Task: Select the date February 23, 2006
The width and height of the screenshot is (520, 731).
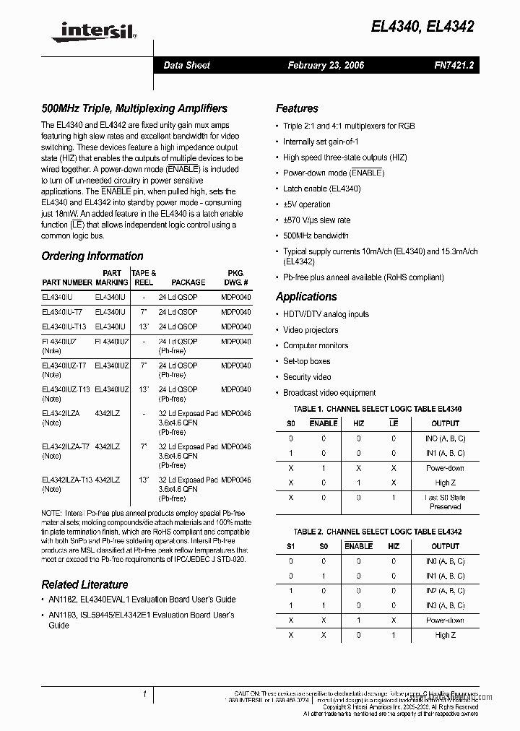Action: [326, 65]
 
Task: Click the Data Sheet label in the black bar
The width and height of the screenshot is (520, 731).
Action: [186, 65]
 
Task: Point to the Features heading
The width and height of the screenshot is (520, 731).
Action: [297, 108]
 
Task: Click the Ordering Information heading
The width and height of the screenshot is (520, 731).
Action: [92, 256]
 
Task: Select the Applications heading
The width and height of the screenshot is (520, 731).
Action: [306, 296]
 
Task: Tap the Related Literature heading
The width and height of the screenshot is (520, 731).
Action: [84, 584]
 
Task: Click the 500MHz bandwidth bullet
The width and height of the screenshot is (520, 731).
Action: [316, 235]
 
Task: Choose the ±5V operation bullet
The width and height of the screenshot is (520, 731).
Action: [306, 204]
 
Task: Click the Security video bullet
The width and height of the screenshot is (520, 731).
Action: [307, 377]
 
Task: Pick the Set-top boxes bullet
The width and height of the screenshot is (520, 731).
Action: [306, 361]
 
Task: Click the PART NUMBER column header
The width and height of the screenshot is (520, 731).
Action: [66, 282]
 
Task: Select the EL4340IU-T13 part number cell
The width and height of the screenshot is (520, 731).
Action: [64, 326]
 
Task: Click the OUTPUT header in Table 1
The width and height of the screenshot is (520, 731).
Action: [445, 423]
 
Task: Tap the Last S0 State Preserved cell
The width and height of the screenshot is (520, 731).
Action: [445, 502]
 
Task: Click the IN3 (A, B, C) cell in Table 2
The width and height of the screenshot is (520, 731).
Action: [445, 605]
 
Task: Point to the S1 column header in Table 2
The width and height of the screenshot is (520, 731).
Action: [291, 546]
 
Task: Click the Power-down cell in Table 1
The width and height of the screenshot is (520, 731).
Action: [445, 468]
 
